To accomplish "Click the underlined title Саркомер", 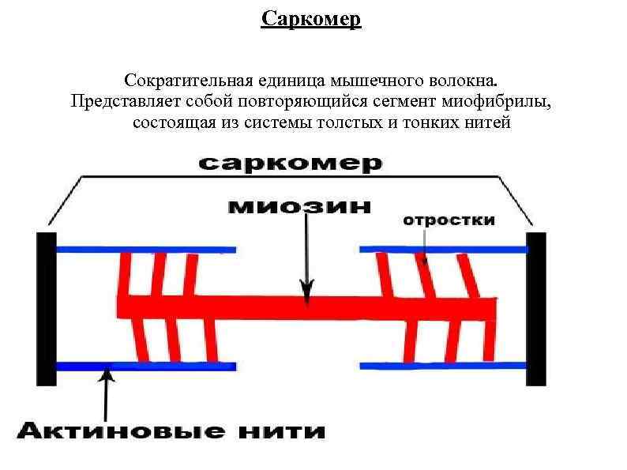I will [x=311, y=18].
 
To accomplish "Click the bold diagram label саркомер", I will [x=290, y=164].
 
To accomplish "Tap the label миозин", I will [x=300, y=206].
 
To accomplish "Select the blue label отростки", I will [x=449, y=220].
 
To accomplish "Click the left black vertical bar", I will [x=47, y=308].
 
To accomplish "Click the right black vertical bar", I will [x=537, y=308].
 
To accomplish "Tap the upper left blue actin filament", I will [x=146, y=249].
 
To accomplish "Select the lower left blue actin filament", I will [x=146, y=366].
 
